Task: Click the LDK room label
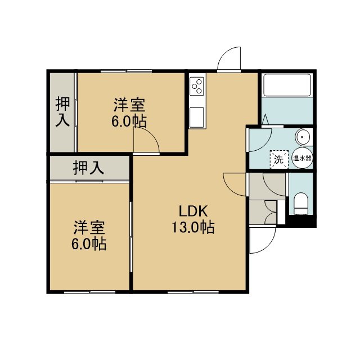click(x=193, y=211)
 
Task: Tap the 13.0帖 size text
click(x=193, y=227)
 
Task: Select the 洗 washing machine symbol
click(x=279, y=159)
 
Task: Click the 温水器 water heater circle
click(x=303, y=158)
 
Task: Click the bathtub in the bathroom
click(x=287, y=85)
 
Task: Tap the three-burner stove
click(x=197, y=86)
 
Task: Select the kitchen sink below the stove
click(x=197, y=117)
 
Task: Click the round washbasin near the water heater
click(x=303, y=137)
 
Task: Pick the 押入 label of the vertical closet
click(x=62, y=112)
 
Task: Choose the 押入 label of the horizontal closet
click(x=89, y=168)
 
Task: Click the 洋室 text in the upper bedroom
click(x=129, y=105)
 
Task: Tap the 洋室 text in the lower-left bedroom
click(x=89, y=227)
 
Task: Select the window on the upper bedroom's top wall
click(x=126, y=71)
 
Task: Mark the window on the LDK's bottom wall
click(x=193, y=292)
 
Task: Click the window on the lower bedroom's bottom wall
click(x=89, y=292)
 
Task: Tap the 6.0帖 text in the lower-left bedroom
click(x=89, y=244)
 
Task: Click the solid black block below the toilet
click(x=301, y=220)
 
